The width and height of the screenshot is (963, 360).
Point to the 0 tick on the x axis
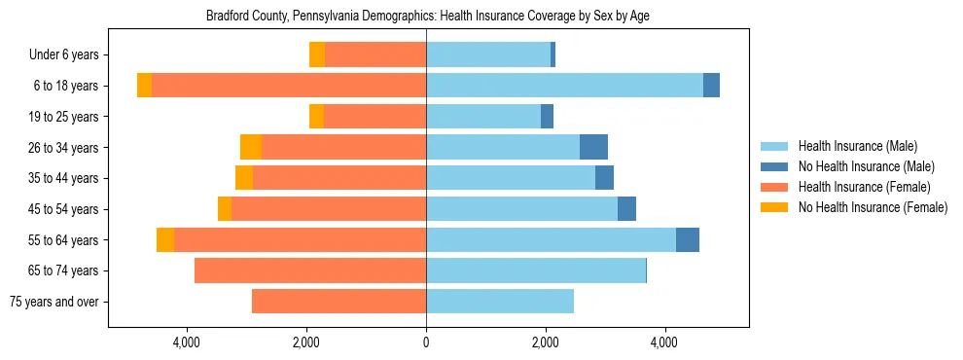coord(426,342)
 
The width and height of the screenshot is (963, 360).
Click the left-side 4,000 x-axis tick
coord(186,342)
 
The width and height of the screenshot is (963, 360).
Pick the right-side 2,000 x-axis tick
coord(546,342)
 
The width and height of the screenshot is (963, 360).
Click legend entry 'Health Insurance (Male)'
coord(857,146)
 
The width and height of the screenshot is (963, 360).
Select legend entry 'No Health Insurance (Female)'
coord(873,207)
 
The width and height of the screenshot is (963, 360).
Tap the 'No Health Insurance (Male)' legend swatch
coord(774,166)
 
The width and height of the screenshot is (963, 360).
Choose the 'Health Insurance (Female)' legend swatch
coord(774,187)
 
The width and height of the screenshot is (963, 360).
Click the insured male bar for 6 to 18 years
coord(564,86)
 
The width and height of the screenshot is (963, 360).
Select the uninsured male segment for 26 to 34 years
coord(593,148)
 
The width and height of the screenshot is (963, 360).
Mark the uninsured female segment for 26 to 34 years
coord(251,148)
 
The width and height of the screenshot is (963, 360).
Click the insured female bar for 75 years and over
coord(339,302)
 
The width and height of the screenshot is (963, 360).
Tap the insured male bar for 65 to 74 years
coord(535,270)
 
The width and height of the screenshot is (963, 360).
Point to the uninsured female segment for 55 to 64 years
coord(165,240)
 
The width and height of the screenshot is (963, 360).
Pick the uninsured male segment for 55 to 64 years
coord(687,240)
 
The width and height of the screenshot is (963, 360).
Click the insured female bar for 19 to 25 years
coord(374,117)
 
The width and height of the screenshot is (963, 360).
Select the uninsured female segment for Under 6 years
coord(317,55)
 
